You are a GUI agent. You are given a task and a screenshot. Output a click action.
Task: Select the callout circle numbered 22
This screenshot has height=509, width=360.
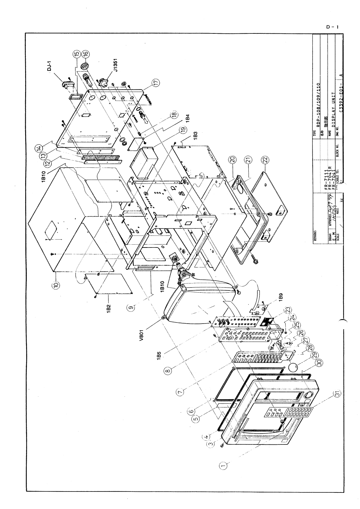tap(265, 159)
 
